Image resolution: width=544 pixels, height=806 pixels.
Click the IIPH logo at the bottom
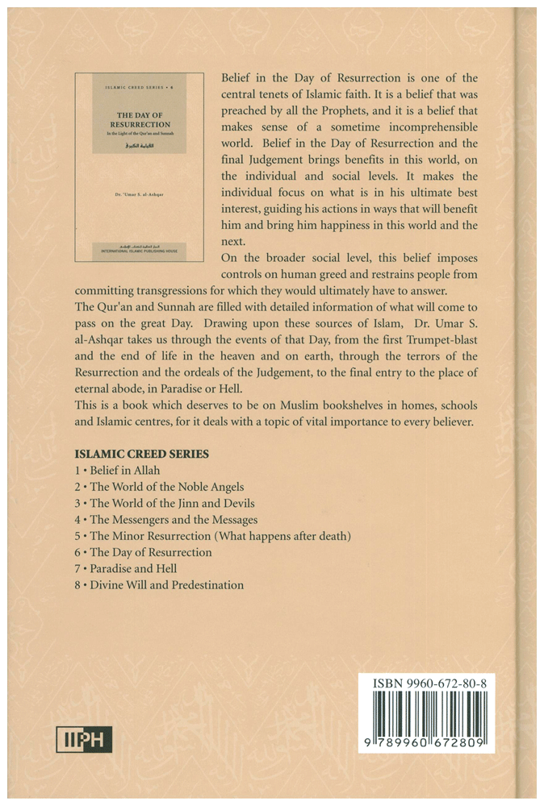pos(84,738)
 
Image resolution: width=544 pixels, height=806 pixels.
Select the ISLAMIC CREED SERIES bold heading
pos(141,454)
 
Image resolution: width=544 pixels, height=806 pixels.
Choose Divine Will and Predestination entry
pos(157,585)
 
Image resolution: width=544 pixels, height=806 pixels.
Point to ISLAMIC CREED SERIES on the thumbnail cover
pos(136,84)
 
